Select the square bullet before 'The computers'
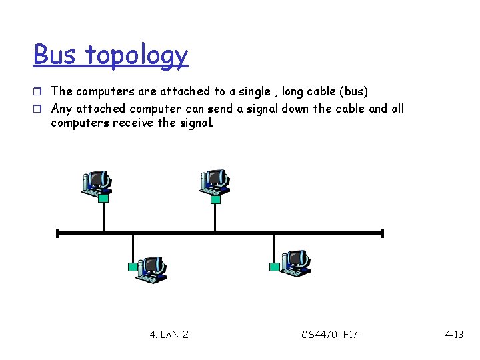tap(39, 91)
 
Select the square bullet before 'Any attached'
tap(39, 109)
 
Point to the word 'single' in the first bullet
tap(253, 91)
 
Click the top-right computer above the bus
tap(215, 181)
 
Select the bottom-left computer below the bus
tap(151, 267)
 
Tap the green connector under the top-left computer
tap(103, 198)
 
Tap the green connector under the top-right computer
tap(215, 198)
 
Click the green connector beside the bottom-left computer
tap(133, 267)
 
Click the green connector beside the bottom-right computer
tap(274, 267)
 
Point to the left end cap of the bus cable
tap(58, 233)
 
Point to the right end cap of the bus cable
tap(383, 233)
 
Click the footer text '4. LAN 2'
tap(169, 334)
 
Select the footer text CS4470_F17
tap(329, 334)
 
